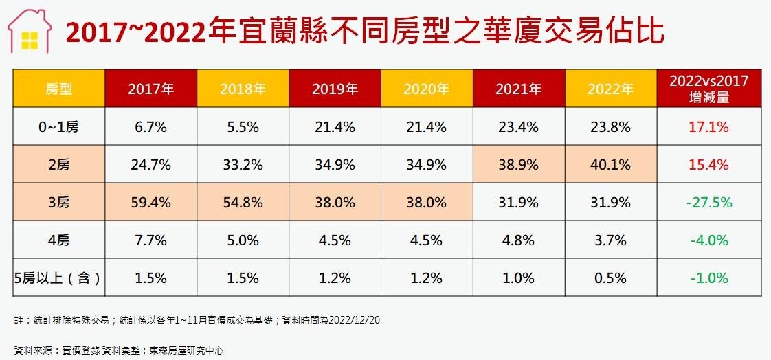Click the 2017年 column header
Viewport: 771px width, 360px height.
tap(150, 89)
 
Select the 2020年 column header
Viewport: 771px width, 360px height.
tap(426, 89)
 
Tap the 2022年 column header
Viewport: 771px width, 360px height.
tap(610, 89)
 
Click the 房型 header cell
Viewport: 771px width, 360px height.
tap(58, 89)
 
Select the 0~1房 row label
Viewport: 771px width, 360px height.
tap(58, 127)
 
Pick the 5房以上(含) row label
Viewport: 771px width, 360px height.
tap(58, 278)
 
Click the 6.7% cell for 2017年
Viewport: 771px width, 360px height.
tap(150, 127)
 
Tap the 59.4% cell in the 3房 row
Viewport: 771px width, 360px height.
tap(150, 203)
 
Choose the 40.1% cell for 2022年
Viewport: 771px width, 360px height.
tap(610, 165)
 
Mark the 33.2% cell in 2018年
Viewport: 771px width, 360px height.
tap(243, 165)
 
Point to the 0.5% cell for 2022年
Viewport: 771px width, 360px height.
tap(610, 278)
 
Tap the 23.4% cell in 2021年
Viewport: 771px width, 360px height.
tap(518, 127)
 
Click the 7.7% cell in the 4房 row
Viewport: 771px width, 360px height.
tap(150, 240)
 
